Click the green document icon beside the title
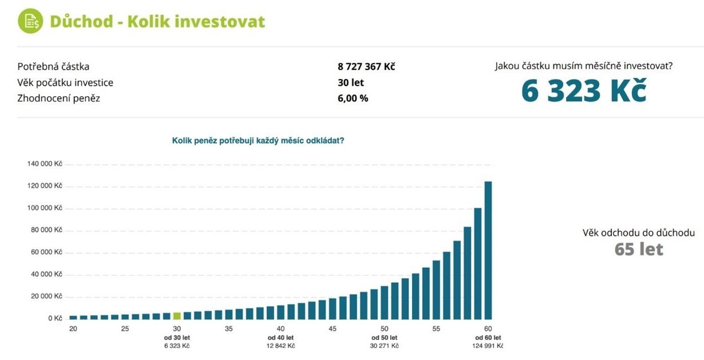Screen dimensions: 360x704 click(30, 22)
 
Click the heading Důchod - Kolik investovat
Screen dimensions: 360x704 click(157, 22)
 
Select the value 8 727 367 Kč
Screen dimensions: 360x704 click(366, 66)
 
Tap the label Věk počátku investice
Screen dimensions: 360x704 click(65, 82)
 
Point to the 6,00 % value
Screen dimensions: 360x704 click(353, 98)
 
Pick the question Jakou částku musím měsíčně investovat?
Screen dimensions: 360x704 click(584, 66)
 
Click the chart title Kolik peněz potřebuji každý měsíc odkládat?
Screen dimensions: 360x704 click(258, 140)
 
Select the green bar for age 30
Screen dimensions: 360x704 click(177, 316)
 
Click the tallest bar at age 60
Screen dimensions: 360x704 click(488, 250)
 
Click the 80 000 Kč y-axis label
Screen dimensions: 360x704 click(46, 230)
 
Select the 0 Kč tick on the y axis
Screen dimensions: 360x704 click(55, 318)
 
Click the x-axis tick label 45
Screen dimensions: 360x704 click(333, 329)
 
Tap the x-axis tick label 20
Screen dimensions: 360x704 click(73, 329)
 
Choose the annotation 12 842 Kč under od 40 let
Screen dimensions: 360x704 click(280, 346)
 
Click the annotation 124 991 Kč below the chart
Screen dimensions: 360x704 click(488, 346)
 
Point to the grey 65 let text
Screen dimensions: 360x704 click(639, 250)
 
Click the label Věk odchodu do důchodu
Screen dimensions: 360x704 click(639, 233)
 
